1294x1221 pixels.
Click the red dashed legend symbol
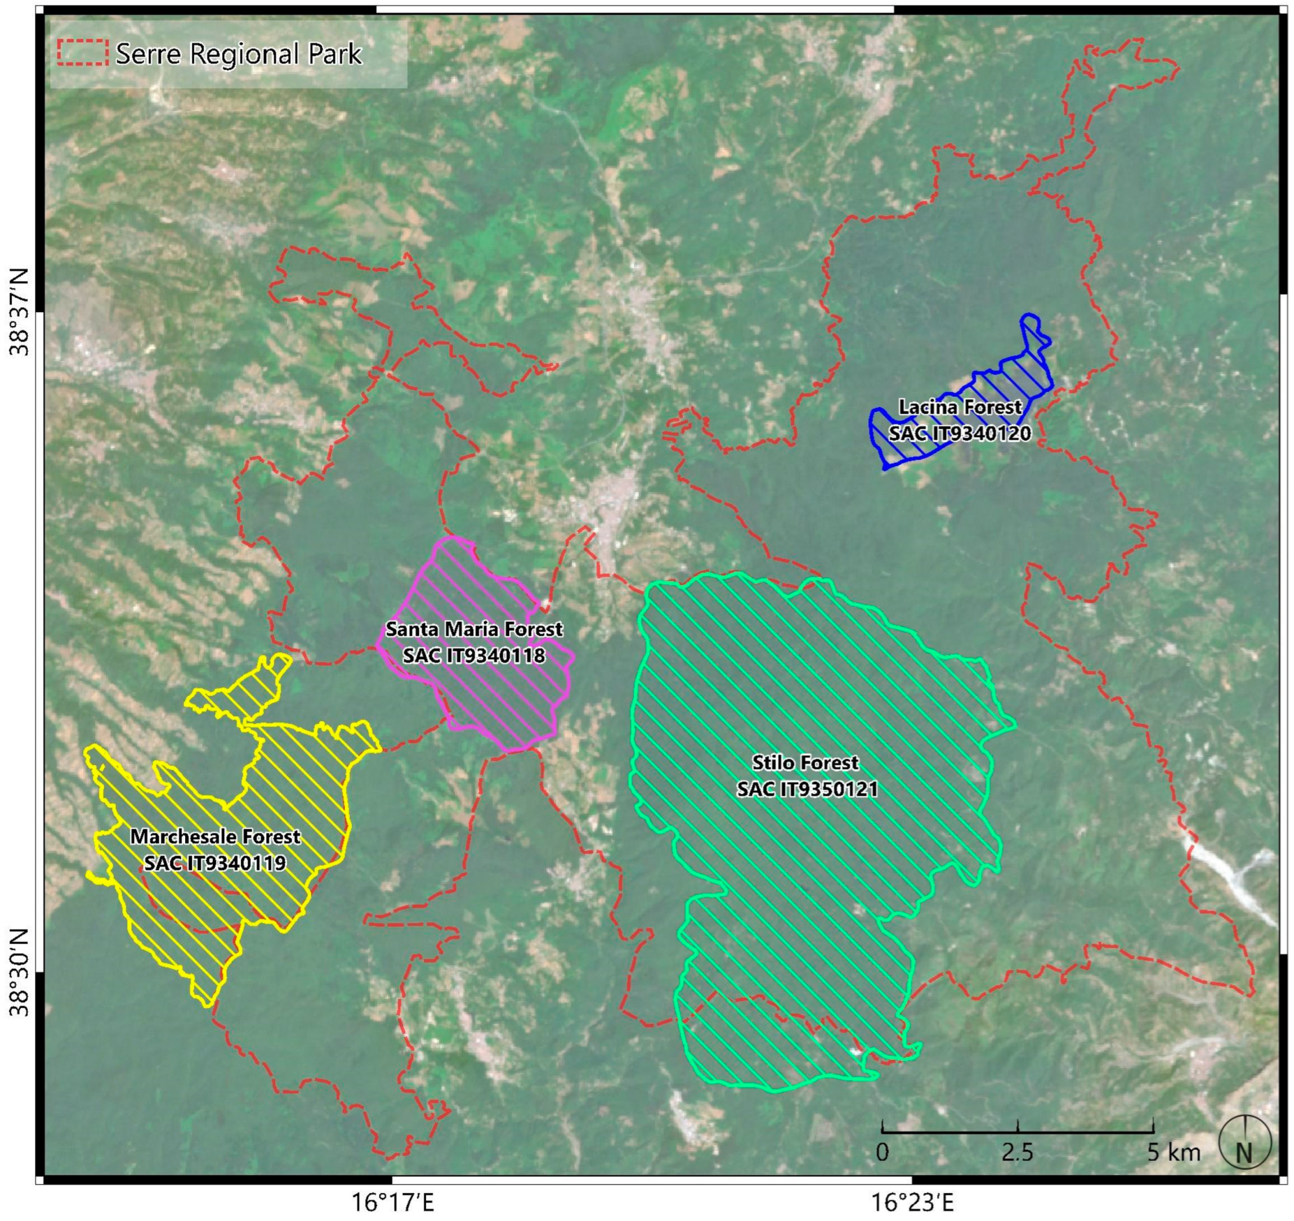pyautogui.click(x=83, y=53)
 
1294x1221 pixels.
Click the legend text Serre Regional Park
pyautogui.click(x=238, y=54)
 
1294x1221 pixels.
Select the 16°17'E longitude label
pyautogui.click(x=394, y=1202)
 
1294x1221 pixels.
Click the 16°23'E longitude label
pyautogui.click(x=913, y=1202)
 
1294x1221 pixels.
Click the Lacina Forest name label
pyautogui.click(x=960, y=407)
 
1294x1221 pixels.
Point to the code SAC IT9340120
pyautogui.click(x=960, y=433)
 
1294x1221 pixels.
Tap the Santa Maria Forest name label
pyautogui.click(x=474, y=629)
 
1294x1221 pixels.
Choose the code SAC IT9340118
pyautogui.click(x=474, y=655)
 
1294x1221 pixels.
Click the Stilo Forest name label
pyautogui.click(x=806, y=762)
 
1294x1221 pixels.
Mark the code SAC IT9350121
pyautogui.click(x=807, y=789)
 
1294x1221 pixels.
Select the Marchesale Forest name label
pyautogui.click(x=215, y=836)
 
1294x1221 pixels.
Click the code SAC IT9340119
pyautogui.click(x=215, y=863)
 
